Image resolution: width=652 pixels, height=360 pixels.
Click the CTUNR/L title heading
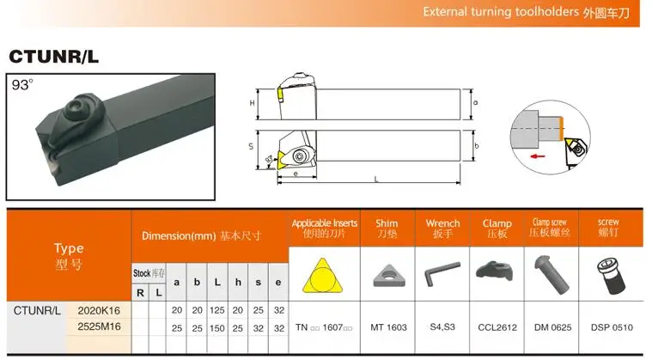53,57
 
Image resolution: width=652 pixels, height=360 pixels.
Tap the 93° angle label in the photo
22,85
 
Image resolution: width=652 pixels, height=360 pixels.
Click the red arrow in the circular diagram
539,156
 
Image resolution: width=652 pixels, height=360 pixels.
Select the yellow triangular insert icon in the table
323,275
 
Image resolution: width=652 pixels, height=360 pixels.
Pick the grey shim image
389,276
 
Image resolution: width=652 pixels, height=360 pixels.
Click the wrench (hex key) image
442,273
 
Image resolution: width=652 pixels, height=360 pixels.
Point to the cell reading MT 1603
389,327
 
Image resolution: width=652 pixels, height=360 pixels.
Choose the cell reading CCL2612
497,327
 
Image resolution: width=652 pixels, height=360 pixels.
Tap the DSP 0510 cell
612,327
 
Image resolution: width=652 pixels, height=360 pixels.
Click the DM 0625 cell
552,327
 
